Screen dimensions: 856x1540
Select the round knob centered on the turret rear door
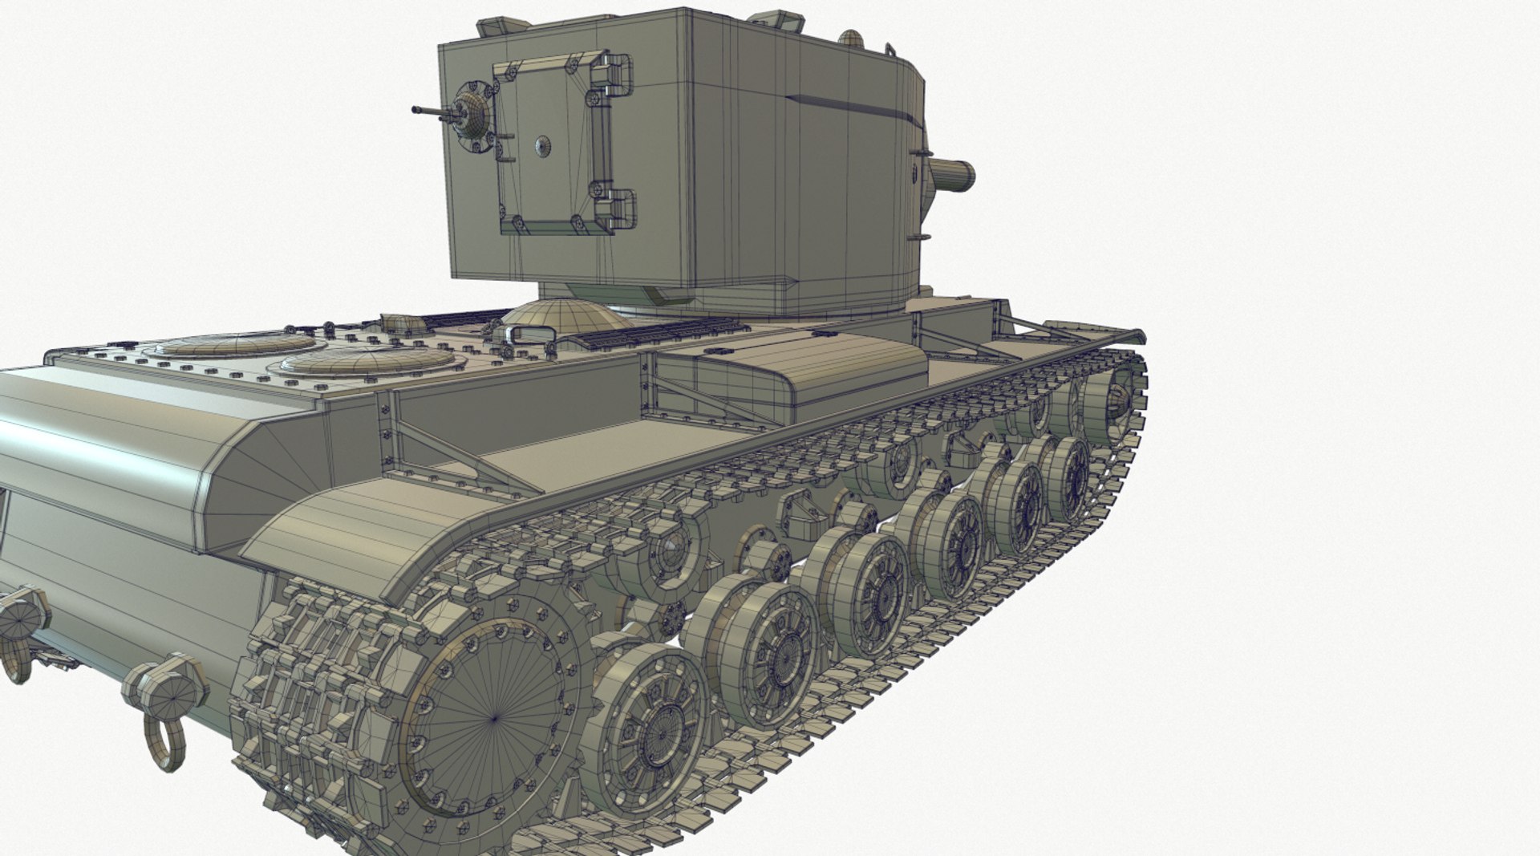tap(542, 146)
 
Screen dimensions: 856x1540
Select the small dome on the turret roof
tap(851, 37)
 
